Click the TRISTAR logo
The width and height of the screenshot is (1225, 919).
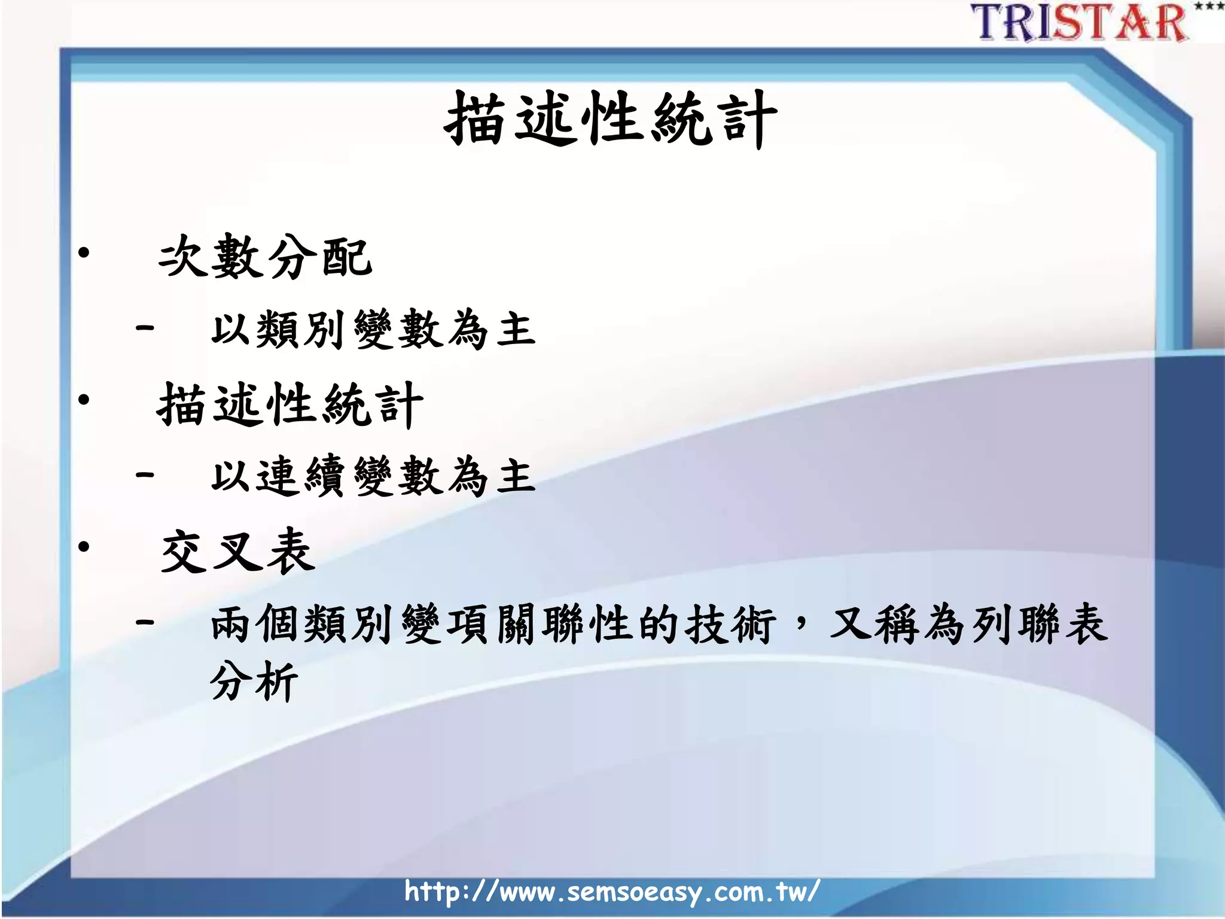point(1080,23)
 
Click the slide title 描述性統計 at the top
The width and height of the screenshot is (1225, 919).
point(610,120)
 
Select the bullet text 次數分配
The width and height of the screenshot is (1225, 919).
point(265,257)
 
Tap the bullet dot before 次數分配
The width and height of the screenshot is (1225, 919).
point(84,252)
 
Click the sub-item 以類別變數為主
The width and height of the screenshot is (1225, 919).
point(373,329)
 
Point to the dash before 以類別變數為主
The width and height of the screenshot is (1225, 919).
point(145,327)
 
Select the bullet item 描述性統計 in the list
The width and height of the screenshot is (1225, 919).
point(290,405)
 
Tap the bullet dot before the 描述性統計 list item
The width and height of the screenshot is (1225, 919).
point(84,399)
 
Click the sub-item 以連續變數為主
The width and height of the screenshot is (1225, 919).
point(373,476)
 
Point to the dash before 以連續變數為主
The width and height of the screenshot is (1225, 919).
point(145,475)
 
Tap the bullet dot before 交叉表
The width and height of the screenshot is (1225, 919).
point(84,546)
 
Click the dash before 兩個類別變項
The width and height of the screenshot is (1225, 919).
point(145,622)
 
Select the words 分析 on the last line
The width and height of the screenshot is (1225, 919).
point(254,681)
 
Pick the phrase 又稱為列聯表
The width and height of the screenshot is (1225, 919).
point(968,624)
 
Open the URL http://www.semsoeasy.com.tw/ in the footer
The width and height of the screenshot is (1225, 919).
point(611,891)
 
